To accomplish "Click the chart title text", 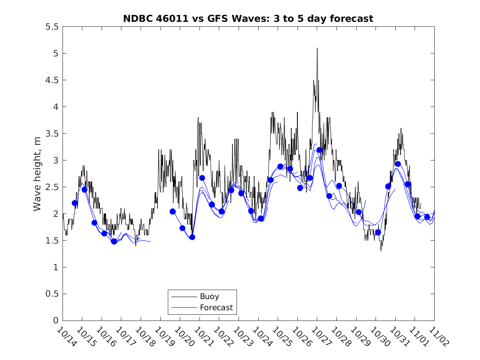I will click(x=248, y=19).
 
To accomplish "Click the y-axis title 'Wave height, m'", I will click(x=37, y=174).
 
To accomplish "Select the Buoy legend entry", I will click(x=209, y=296).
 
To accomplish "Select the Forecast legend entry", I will click(x=216, y=307).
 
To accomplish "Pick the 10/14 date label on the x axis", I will click(x=66, y=337).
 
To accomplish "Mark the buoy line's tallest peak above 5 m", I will click(x=317, y=48).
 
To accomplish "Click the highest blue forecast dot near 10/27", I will click(x=320, y=150).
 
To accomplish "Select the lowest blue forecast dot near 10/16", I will click(x=114, y=242).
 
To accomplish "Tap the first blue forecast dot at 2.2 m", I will click(x=75, y=203).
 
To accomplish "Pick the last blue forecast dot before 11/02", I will click(x=427, y=216).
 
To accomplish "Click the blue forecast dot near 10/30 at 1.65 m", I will click(x=378, y=232).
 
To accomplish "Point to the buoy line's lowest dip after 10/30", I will click(x=381, y=251).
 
